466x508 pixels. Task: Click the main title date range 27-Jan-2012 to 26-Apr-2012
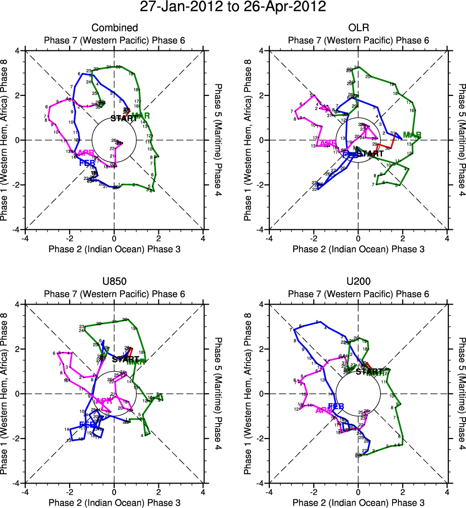pyautogui.click(x=233, y=7)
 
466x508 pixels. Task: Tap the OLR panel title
pyautogui.click(x=358, y=28)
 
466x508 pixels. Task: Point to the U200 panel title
pyautogui.click(x=358, y=282)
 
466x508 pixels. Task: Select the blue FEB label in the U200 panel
pyautogui.click(x=336, y=407)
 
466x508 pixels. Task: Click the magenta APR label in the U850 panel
pyautogui.click(x=104, y=401)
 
